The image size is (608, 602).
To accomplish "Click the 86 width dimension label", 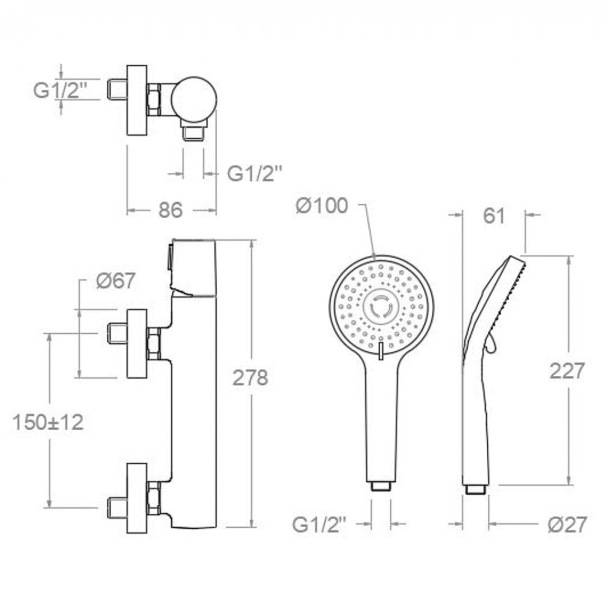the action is (x=170, y=210).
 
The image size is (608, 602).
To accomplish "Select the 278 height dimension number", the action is (x=250, y=377).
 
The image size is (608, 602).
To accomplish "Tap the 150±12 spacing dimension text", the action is (x=48, y=422).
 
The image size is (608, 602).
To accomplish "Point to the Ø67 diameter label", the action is (x=116, y=280).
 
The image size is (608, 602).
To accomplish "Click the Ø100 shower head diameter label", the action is (x=322, y=205).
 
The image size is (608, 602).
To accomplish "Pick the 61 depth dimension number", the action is (x=494, y=216).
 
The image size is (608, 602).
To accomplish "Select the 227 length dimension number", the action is (x=566, y=371).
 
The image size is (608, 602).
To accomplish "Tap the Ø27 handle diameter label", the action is (x=567, y=525).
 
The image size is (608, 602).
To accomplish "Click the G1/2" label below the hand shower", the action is (x=318, y=525).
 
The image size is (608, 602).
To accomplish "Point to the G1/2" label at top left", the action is (x=60, y=91).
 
